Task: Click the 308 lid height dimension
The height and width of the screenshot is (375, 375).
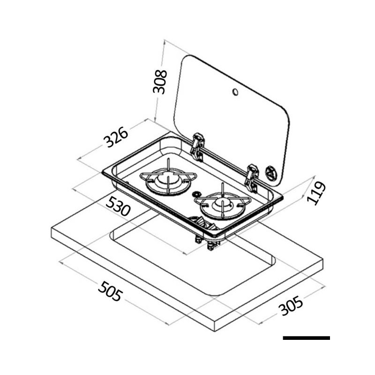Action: (161, 82)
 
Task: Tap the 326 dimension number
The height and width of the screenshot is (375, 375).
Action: (116, 137)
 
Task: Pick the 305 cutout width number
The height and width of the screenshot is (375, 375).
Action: (291, 307)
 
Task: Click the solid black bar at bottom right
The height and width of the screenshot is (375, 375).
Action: (307, 337)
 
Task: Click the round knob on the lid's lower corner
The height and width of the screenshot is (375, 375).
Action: (271, 174)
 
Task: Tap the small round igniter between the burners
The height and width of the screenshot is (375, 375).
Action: (196, 194)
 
